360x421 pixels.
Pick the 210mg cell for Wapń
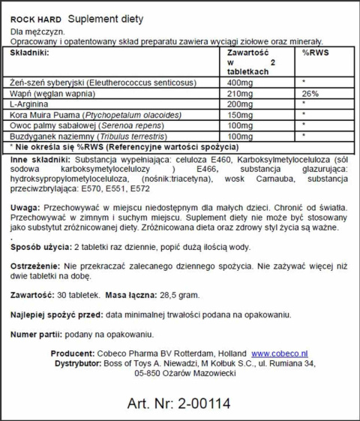(x=240, y=92)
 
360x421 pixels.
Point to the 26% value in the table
(x=310, y=92)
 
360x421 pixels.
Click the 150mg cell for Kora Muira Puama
(x=240, y=115)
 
